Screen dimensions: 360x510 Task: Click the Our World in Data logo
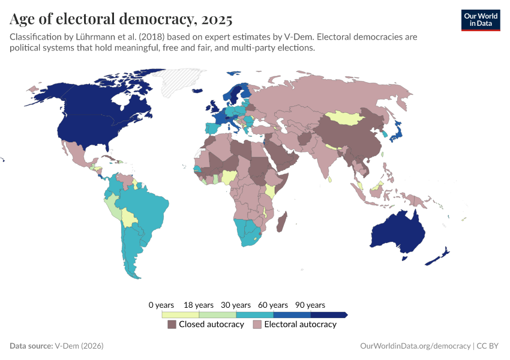click(480, 20)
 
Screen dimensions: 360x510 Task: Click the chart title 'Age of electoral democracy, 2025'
click(121, 20)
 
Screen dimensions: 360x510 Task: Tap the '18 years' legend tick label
click(199, 305)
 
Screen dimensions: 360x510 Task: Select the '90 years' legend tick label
click(310, 305)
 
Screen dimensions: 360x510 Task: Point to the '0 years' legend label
click(161, 305)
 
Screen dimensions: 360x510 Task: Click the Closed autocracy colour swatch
click(172, 325)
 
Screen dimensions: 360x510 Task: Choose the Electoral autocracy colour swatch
click(257, 325)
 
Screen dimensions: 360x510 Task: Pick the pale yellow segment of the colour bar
click(180, 314)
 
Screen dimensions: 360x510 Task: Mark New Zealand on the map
click(439, 256)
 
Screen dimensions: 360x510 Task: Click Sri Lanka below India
click(330, 179)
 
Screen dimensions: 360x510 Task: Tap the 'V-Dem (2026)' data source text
click(79, 346)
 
